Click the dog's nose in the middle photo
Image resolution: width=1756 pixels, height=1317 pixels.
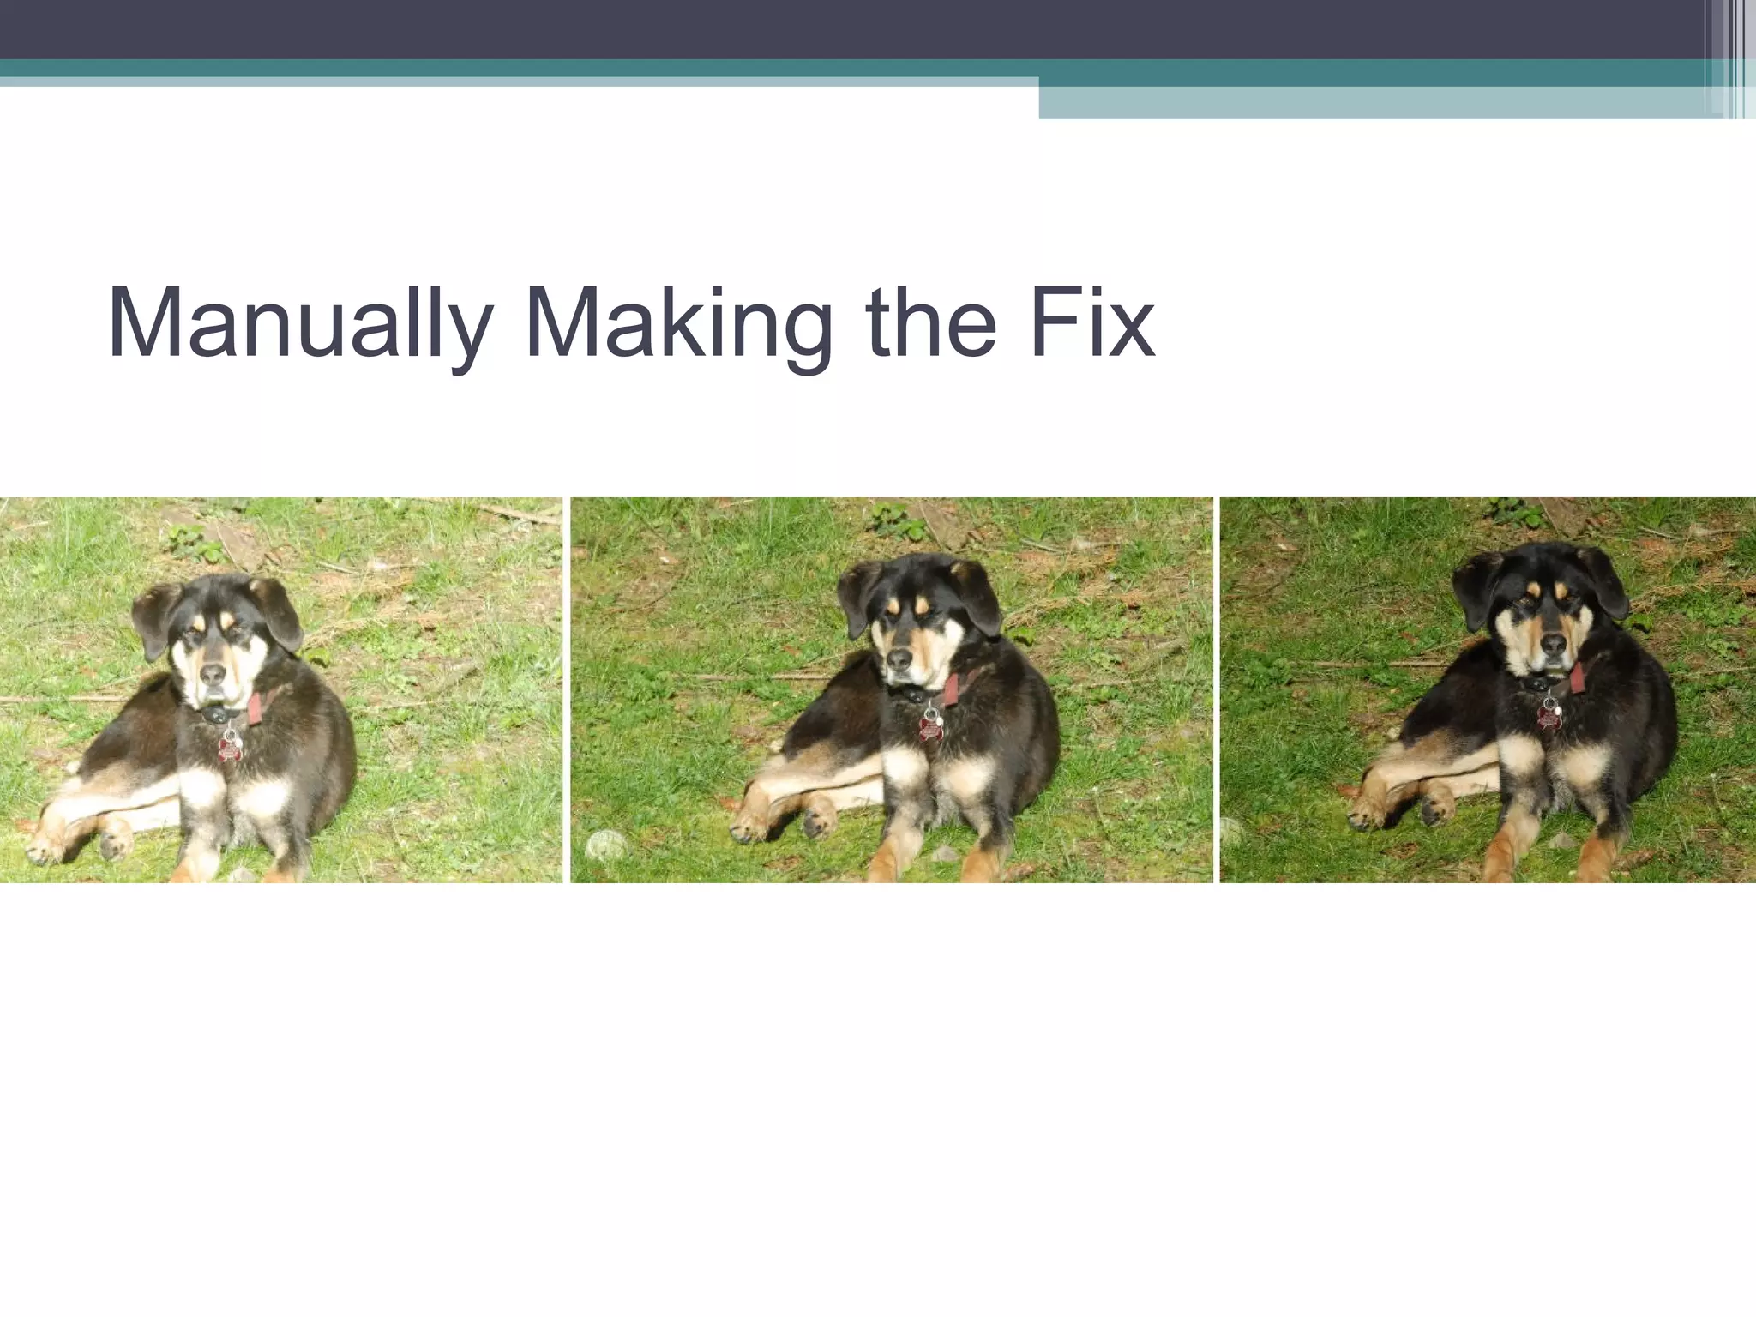[899, 658]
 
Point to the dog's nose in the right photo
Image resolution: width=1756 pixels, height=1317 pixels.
[1553, 644]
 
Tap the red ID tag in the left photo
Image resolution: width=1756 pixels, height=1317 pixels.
[229, 749]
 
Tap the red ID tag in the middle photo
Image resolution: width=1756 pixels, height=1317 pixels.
[930, 728]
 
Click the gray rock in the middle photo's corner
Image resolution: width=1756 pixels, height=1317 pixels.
[606, 845]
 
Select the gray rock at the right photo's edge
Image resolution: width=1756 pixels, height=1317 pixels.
[1230, 830]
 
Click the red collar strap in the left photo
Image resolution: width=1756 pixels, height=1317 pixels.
[256, 707]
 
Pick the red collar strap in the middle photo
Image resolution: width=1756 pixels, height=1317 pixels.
[952, 689]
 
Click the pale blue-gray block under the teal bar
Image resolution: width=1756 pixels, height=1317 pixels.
[1372, 103]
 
